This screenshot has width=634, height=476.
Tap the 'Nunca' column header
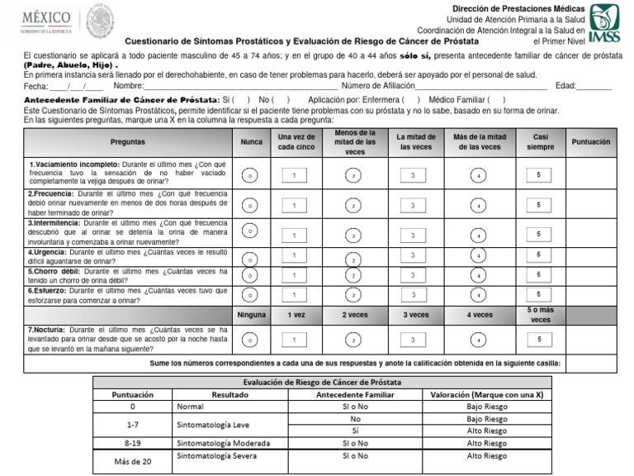(x=251, y=142)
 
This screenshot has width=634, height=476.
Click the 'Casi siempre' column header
(x=540, y=142)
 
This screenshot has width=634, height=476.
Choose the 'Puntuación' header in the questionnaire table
(x=590, y=142)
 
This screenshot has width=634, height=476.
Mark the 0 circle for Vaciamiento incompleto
(x=250, y=176)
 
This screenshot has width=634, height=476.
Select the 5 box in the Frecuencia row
(x=539, y=205)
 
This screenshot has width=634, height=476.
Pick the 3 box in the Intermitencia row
(x=413, y=235)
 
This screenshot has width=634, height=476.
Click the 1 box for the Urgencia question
(x=294, y=256)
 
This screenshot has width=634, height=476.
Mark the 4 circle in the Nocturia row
(x=478, y=340)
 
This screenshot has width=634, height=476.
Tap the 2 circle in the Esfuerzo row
(x=352, y=295)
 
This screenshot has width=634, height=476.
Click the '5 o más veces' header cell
(x=540, y=315)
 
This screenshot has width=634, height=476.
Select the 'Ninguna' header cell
(x=251, y=315)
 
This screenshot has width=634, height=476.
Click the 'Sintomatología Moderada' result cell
(x=223, y=443)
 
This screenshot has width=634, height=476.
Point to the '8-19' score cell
(x=132, y=443)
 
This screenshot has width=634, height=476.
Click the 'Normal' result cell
(x=191, y=407)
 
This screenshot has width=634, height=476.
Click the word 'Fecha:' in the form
(x=36, y=86)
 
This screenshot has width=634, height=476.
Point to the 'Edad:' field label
(x=566, y=86)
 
